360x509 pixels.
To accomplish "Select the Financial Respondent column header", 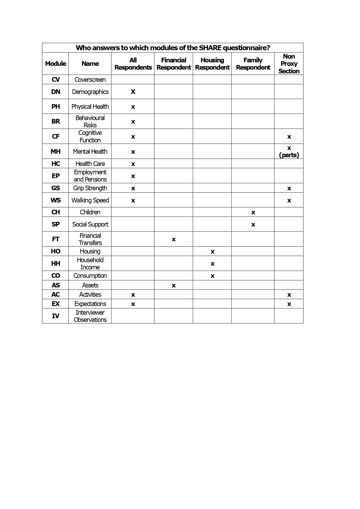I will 173,64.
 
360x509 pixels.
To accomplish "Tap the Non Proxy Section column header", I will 289,64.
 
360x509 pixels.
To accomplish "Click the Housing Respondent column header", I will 212,64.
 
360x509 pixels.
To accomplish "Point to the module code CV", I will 56,80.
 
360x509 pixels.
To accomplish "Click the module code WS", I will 56,200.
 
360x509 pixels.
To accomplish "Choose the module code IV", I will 56,316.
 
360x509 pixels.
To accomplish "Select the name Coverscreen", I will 90,80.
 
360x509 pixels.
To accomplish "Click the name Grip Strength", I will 90,188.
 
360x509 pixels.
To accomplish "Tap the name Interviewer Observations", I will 90,316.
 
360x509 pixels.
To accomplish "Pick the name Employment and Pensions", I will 90,176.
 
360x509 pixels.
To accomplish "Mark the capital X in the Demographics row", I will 133,92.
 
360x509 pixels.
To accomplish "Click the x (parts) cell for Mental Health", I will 289,151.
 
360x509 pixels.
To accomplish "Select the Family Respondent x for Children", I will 253,213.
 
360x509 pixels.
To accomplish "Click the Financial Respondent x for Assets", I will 174,286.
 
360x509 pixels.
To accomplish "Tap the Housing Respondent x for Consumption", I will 213,276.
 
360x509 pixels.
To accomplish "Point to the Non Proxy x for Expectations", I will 289,304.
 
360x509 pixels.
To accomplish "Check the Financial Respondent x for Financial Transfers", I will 174,240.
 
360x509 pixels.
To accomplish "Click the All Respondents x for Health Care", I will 133,164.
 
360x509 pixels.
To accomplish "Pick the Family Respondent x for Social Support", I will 253,225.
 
